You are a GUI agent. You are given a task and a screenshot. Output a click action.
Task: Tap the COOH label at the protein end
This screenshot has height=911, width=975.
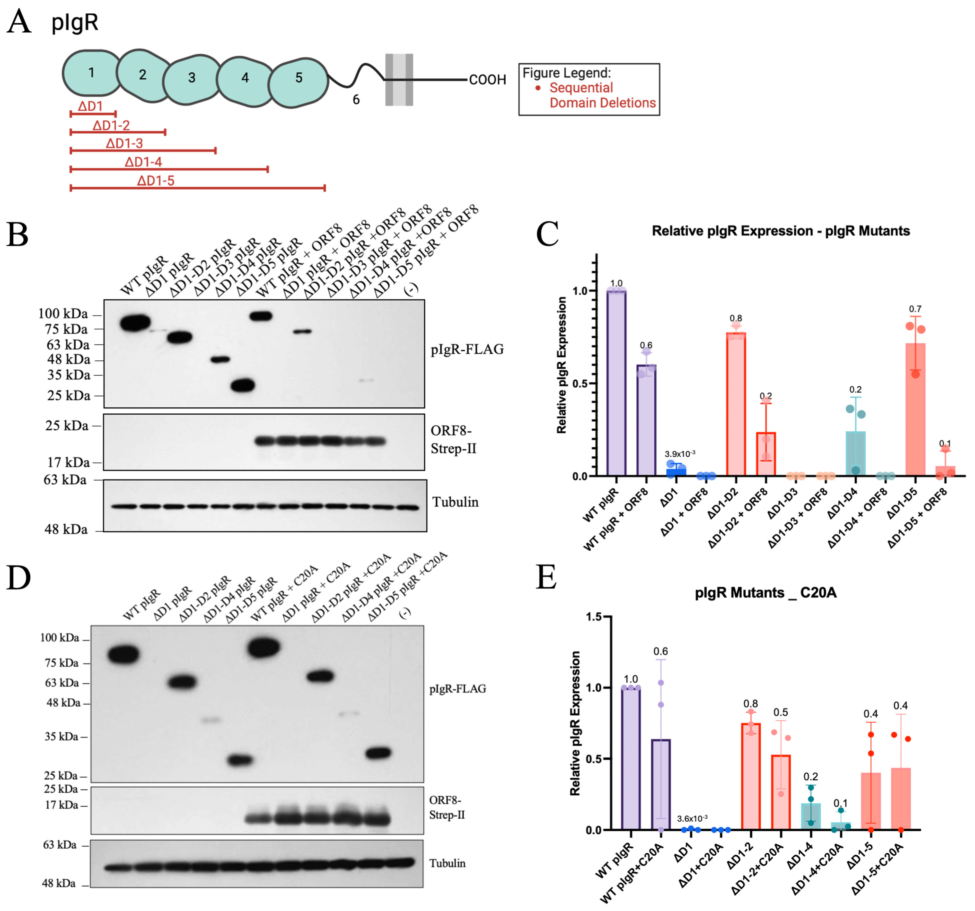pyautogui.click(x=487, y=80)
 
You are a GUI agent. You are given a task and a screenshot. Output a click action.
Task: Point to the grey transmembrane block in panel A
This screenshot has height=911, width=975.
pyautogui.click(x=399, y=80)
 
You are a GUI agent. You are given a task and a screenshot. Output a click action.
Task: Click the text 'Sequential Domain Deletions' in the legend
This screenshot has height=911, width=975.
pyautogui.click(x=602, y=95)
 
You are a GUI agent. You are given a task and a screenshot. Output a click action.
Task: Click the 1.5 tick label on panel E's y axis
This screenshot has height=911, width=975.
pyautogui.click(x=594, y=617)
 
